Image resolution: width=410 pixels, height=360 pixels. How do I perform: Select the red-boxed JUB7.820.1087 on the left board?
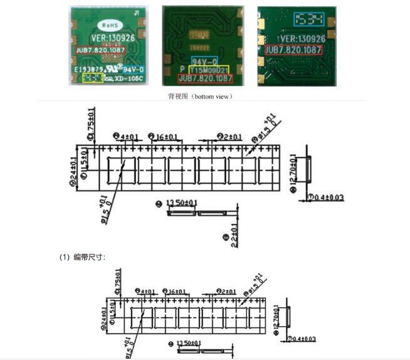pyautogui.click(x=100, y=50)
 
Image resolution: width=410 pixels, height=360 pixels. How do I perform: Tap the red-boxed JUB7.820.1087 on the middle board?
pyautogui.click(x=206, y=79)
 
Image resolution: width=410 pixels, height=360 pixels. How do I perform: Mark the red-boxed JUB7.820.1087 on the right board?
pyautogui.click(x=294, y=50)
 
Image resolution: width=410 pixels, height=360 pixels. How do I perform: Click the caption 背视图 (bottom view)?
pyautogui.click(x=200, y=97)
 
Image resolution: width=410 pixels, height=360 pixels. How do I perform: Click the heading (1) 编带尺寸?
pyautogui.click(x=82, y=257)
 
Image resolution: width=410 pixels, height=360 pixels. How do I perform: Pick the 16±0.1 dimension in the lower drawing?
pyautogui.click(x=176, y=292)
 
